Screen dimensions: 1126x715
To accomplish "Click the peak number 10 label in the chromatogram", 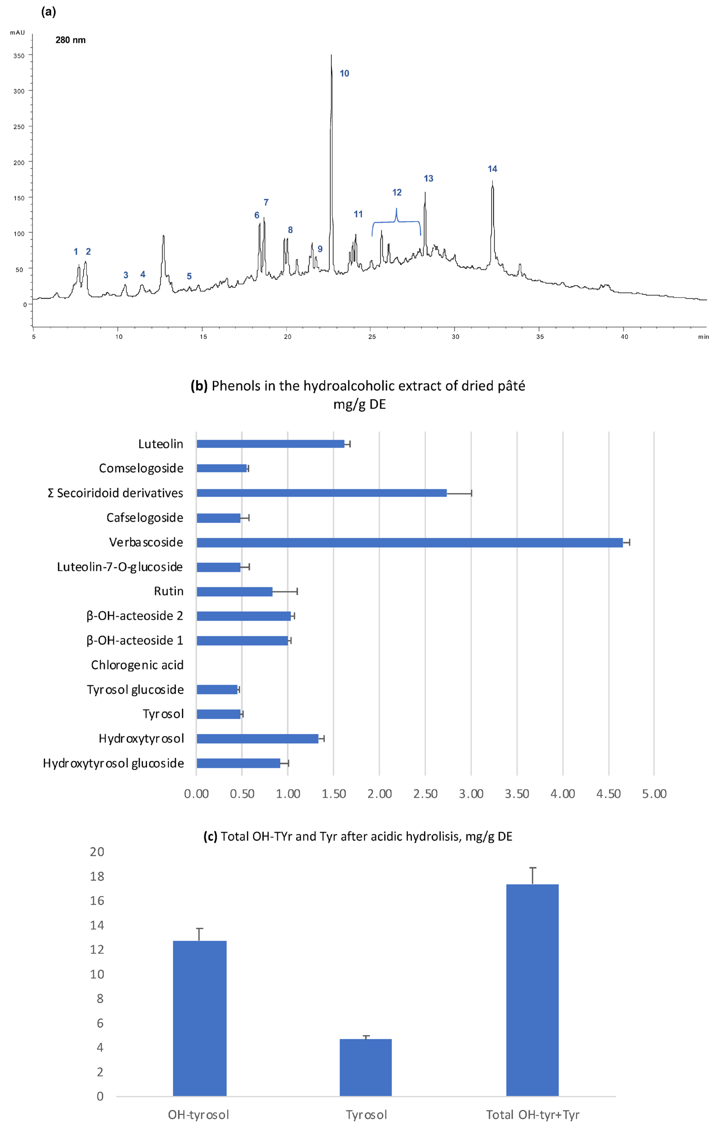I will coord(344,73).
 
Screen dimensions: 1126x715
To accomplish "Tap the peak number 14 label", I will coord(492,169).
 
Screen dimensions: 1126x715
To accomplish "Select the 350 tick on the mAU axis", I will coord(19,56).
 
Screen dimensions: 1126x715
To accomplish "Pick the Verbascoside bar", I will coord(409,542).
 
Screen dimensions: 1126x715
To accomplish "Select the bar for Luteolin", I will coord(270,444).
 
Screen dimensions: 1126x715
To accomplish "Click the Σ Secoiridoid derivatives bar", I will coord(322,493).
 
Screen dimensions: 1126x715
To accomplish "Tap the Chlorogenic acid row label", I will coord(137,665).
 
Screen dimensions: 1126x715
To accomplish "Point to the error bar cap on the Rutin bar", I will coord(297,592).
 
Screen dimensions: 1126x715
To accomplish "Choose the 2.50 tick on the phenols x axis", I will coord(425,794).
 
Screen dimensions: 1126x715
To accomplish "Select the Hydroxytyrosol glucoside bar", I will coord(238,763).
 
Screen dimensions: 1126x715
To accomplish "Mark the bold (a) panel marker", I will coord(49,12).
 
